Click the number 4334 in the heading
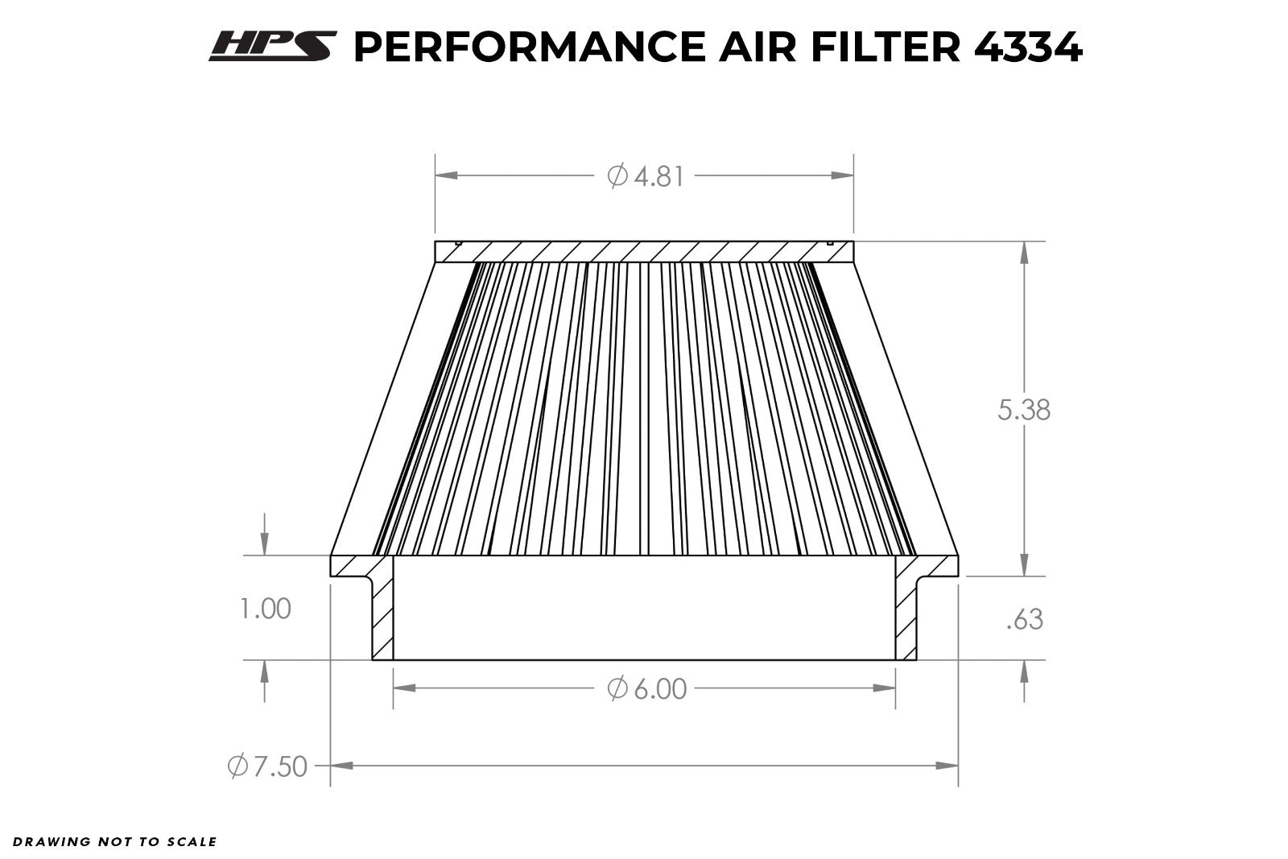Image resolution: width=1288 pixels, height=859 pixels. pos(1028,47)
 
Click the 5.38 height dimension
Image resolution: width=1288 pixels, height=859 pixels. pos(1024,410)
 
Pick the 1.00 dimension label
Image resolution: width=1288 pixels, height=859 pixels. pos(266,609)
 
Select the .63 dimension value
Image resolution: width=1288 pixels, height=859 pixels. pos(1024,619)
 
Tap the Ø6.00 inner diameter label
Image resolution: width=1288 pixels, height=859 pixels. pos(647,689)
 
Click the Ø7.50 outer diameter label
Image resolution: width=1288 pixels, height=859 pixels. pos(267,766)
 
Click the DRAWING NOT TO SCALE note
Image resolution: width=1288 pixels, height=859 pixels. pos(114,842)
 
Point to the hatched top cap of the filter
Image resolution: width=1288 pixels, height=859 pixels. pos(644,251)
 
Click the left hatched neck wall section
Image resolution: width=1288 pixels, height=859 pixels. pos(383,612)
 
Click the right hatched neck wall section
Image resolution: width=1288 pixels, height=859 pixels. pos(906,612)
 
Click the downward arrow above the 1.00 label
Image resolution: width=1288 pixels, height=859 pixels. pos(266,545)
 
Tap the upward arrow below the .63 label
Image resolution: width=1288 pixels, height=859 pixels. pos(1024,671)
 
